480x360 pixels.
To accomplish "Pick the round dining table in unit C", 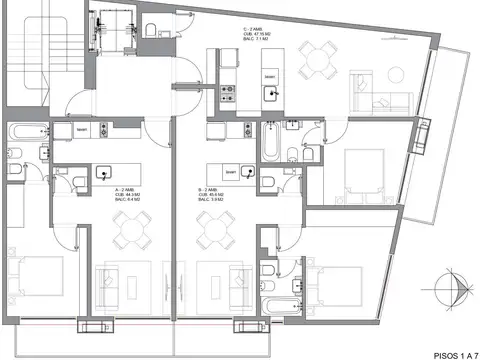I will coord(318,60).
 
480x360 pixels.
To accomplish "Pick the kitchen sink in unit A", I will coord(103,172).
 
